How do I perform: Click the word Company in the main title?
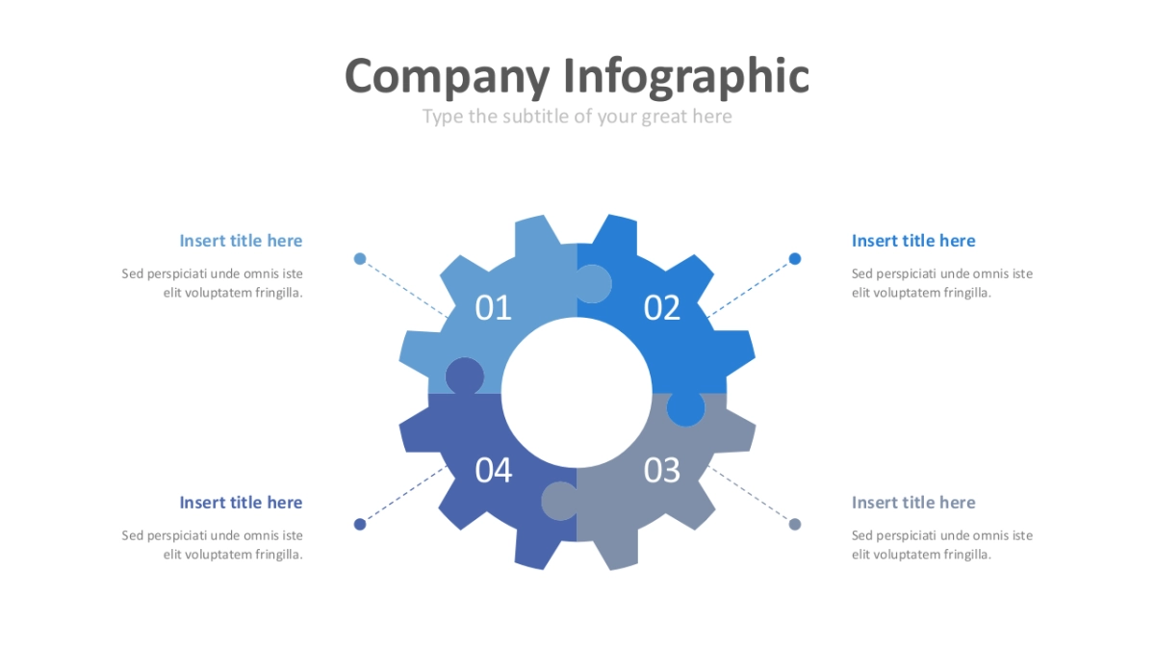click(x=447, y=77)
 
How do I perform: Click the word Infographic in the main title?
click(x=685, y=77)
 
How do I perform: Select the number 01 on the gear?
click(x=493, y=308)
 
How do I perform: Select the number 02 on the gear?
click(x=662, y=308)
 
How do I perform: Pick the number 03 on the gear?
click(x=662, y=471)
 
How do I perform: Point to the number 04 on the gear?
click(x=494, y=471)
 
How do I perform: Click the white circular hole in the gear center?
click(x=577, y=393)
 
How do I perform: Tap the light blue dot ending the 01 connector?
click(x=360, y=258)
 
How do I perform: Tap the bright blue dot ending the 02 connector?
click(x=795, y=258)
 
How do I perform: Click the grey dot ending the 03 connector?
click(x=795, y=524)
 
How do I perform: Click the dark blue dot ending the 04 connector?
click(x=360, y=524)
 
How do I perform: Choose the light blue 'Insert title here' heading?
click(x=241, y=241)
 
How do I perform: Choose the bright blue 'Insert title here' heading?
click(x=913, y=241)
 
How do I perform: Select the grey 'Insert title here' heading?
click(x=913, y=503)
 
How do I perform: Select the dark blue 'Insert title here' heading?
click(x=241, y=503)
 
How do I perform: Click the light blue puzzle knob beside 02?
click(x=593, y=284)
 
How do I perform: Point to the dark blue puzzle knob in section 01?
click(x=465, y=377)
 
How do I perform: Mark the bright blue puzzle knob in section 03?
click(x=685, y=408)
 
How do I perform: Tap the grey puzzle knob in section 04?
click(x=559, y=501)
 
